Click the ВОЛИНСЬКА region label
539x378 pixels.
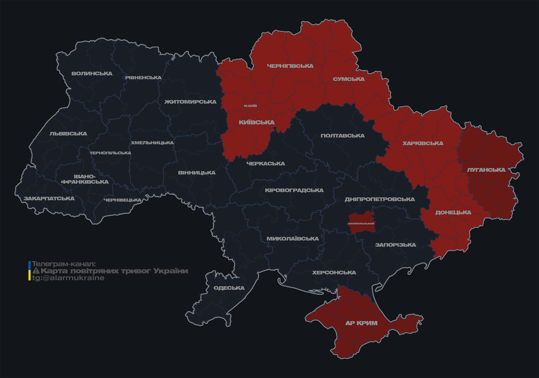[x=92, y=74]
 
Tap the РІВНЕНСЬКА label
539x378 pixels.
[x=143, y=78]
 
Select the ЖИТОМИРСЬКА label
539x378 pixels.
[x=190, y=102]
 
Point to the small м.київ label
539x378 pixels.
[x=250, y=106]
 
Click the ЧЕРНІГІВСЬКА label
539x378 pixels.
[x=290, y=66]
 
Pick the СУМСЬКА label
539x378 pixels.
[x=349, y=79]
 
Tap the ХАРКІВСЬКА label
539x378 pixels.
[x=423, y=143]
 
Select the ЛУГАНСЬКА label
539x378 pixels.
[x=486, y=170]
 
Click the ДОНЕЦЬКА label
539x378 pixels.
[x=453, y=212]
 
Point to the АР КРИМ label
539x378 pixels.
[x=361, y=323]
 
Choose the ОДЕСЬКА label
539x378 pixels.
[x=229, y=288]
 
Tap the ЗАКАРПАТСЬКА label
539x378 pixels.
[x=49, y=198]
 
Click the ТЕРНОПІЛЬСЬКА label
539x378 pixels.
[x=110, y=153]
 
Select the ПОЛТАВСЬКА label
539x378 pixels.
[x=342, y=136]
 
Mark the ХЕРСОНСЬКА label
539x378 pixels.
[x=334, y=272]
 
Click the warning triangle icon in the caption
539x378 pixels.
[x=36, y=271]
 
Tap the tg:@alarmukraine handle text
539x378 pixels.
[x=68, y=278]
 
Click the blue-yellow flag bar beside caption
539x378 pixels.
[x=30, y=271]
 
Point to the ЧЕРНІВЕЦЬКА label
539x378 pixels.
[x=123, y=200]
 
